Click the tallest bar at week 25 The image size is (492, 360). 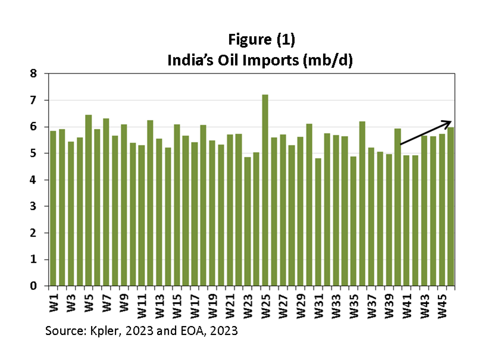pyautogui.click(x=265, y=190)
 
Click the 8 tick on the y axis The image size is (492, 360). pyautogui.click(x=34, y=74)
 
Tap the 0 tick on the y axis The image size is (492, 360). pyautogui.click(x=34, y=286)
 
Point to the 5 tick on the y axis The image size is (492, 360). pyautogui.click(x=34, y=154)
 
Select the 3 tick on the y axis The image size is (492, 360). pyautogui.click(x=34, y=206)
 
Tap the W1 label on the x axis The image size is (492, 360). pyautogui.click(x=54, y=301)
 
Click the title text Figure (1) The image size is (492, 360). pyautogui.click(x=261, y=39)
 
